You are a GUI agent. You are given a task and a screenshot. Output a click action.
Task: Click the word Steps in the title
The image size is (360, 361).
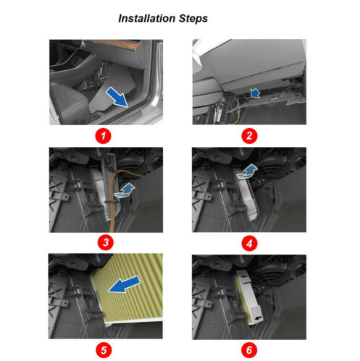(x=193, y=19)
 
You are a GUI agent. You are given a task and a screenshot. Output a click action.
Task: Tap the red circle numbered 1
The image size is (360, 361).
(x=103, y=136)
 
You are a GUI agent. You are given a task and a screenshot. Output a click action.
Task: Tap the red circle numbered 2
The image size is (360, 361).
(x=249, y=136)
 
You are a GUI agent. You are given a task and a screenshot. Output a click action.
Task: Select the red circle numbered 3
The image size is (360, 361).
(x=106, y=242)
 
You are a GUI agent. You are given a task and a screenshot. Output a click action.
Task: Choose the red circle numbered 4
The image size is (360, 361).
(x=249, y=243)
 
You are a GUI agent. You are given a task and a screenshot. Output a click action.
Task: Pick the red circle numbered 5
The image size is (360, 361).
(x=104, y=350)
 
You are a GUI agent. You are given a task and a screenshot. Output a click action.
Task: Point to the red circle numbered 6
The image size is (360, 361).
(x=249, y=350)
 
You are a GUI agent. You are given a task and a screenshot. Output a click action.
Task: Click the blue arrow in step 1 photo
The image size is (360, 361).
(x=117, y=97)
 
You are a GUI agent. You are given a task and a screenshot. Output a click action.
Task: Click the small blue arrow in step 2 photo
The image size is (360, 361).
(x=255, y=93)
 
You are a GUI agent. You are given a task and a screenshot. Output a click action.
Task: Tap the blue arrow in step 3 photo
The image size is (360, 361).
(x=125, y=191)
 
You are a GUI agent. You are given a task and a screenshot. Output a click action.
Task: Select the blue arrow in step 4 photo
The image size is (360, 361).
(x=247, y=171)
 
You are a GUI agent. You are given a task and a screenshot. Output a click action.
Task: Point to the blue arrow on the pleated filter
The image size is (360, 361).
(x=124, y=284)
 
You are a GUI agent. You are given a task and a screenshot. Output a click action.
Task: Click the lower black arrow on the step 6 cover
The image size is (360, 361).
(x=259, y=318)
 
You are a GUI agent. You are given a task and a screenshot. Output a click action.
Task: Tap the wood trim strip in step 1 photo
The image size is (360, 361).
(x=114, y=44)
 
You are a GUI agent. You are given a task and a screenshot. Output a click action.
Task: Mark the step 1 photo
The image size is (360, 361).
(x=106, y=82)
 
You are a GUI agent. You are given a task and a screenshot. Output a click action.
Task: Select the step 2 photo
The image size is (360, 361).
(x=249, y=82)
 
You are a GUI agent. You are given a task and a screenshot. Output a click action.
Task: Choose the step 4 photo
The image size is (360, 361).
(x=249, y=190)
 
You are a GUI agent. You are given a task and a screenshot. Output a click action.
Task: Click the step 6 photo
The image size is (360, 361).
(x=249, y=297)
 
